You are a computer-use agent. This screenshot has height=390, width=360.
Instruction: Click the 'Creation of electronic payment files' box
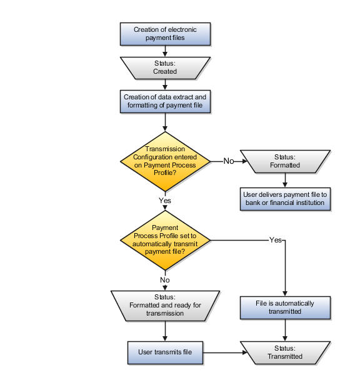pyautogui.click(x=165, y=34)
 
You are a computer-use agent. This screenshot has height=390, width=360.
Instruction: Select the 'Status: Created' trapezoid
pyautogui.click(x=165, y=67)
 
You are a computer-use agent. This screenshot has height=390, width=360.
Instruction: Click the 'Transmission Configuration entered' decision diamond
pyautogui.click(x=166, y=161)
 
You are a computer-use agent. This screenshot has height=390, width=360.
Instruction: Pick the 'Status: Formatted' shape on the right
pyautogui.click(x=286, y=161)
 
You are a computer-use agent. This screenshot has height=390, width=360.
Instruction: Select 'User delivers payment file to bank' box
pyautogui.click(x=286, y=199)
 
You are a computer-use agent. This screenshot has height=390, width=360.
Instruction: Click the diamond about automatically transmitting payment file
pyautogui.click(x=166, y=239)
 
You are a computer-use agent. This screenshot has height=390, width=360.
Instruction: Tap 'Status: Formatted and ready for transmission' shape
pyautogui.click(x=165, y=305)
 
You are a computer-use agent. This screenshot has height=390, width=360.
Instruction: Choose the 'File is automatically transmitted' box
pyautogui.click(x=286, y=307)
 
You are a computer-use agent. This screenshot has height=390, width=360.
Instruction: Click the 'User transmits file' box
pyautogui.click(x=165, y=352)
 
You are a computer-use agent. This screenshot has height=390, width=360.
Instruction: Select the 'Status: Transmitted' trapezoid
pyautogui.click(x=286, y=352)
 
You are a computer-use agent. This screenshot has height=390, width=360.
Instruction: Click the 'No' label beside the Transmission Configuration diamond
pyautogui.click(x=228, y=161)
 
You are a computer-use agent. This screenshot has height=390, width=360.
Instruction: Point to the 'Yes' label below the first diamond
pyautogui.click(x=165, y=201)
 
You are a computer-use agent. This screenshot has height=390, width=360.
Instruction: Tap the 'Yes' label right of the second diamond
pyautogui.click(x=275, y=240)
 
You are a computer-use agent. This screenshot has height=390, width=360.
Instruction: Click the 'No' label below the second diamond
pyautogui.click(x=165, y=281)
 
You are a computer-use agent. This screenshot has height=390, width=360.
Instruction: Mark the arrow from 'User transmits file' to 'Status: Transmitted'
pyautogui.click(x=222, y=352)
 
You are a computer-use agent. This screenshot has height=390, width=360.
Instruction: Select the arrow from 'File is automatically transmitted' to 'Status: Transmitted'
pyautogui.click(x=286, y=329)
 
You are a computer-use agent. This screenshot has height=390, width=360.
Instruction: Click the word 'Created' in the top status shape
pyautogui.click(x=165, y=71)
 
